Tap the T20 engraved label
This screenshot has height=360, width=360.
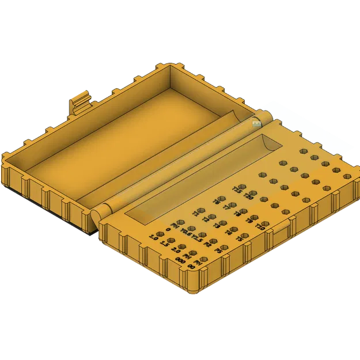coord(248,196)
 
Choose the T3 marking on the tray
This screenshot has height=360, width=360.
coord(217,226)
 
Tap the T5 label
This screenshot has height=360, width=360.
coord(239,238)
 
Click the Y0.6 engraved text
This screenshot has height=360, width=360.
coord(186,233)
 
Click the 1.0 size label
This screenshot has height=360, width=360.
coord(153,238)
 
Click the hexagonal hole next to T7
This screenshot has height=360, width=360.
coord(232,204)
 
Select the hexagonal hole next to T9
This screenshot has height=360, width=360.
coord(254,217)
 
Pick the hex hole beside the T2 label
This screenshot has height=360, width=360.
coord(212,217)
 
